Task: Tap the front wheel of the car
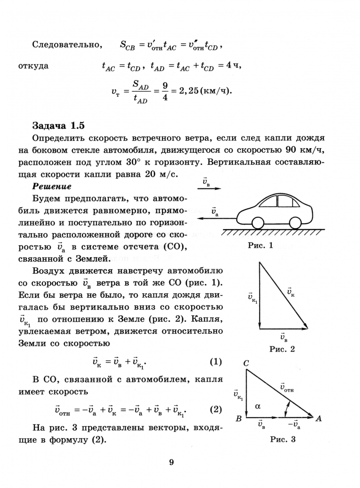coord(256,223)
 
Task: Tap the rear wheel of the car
coord(295,223)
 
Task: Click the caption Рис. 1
coord(261,246)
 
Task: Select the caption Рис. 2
coord(282,349)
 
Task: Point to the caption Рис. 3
coord(282,439)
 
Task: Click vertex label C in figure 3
coord(246,363)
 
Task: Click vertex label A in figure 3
coord(318,419)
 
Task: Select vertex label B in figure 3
coord(238,419)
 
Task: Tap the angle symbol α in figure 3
coord(258,406)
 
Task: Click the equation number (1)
coord(216,362)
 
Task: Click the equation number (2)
coord(216,410)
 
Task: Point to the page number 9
coord(171,462)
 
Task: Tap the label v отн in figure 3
coord(286,387)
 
